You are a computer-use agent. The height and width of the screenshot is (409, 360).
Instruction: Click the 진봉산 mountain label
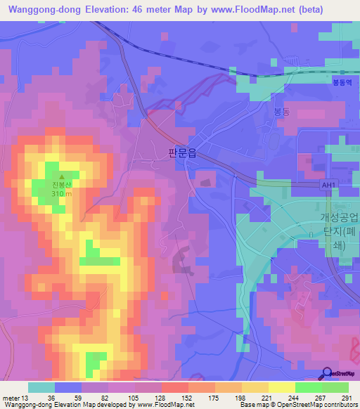[x=60, y=186]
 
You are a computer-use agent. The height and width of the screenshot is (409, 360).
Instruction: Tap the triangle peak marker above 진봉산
[x=61, y=177]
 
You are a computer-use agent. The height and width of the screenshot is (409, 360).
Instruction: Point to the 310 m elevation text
[x=60, y=194]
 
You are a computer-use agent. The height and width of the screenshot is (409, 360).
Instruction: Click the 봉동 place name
[x=282, y=111]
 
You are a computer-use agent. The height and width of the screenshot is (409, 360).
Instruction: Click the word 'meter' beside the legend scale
[x=12, y=398]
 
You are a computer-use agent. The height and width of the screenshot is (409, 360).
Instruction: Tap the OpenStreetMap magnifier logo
[x=327, y=373]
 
